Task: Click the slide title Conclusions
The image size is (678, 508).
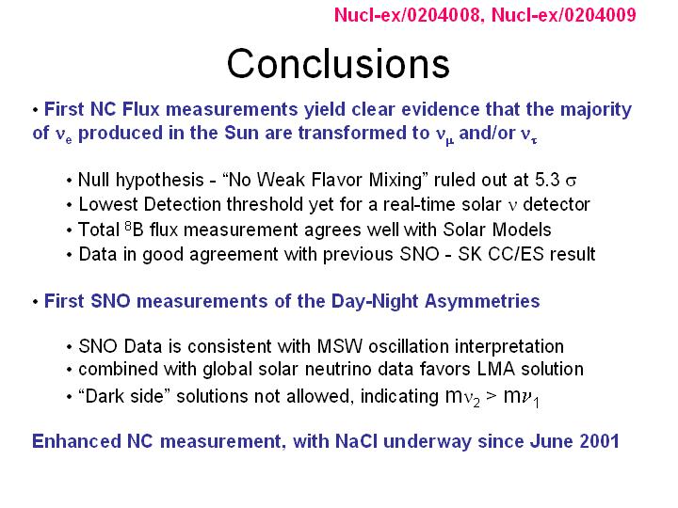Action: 338,64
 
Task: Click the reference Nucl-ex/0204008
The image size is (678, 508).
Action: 407,15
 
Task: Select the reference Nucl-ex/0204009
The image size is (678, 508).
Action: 564,15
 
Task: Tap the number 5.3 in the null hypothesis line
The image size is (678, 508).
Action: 547,180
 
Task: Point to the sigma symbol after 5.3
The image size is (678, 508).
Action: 571,182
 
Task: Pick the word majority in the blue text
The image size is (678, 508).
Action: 596,110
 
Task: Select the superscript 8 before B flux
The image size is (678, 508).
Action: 128,225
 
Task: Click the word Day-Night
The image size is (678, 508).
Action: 375,302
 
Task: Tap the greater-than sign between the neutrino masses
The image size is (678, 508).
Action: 492,396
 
